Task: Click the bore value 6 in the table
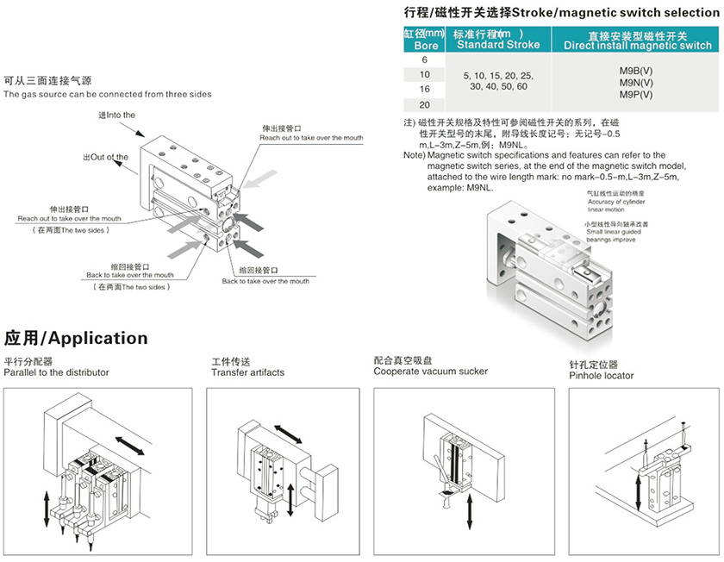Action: coord(423,59)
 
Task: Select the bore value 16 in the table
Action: coord(423,89)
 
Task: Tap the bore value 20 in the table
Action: coord(423,103)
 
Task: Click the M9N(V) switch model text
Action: coord(636,82)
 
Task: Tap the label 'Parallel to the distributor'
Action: coord(57,372)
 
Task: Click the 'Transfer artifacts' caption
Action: coord(247,372)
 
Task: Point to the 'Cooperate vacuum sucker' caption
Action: coord(430,372)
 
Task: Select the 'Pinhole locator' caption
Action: coord(602,375)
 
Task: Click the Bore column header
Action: coord(425,40)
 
